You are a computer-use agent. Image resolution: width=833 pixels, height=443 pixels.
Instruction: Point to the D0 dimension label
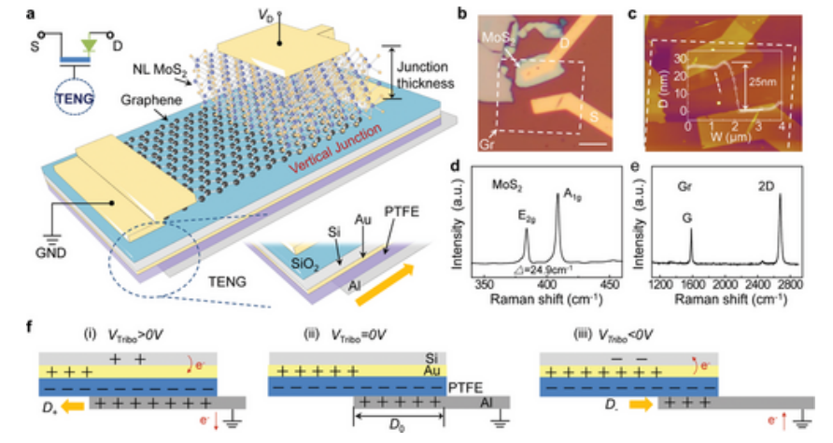click(399, 430)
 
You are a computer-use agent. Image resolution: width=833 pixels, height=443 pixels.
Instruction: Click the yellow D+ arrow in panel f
click(75, 407)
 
